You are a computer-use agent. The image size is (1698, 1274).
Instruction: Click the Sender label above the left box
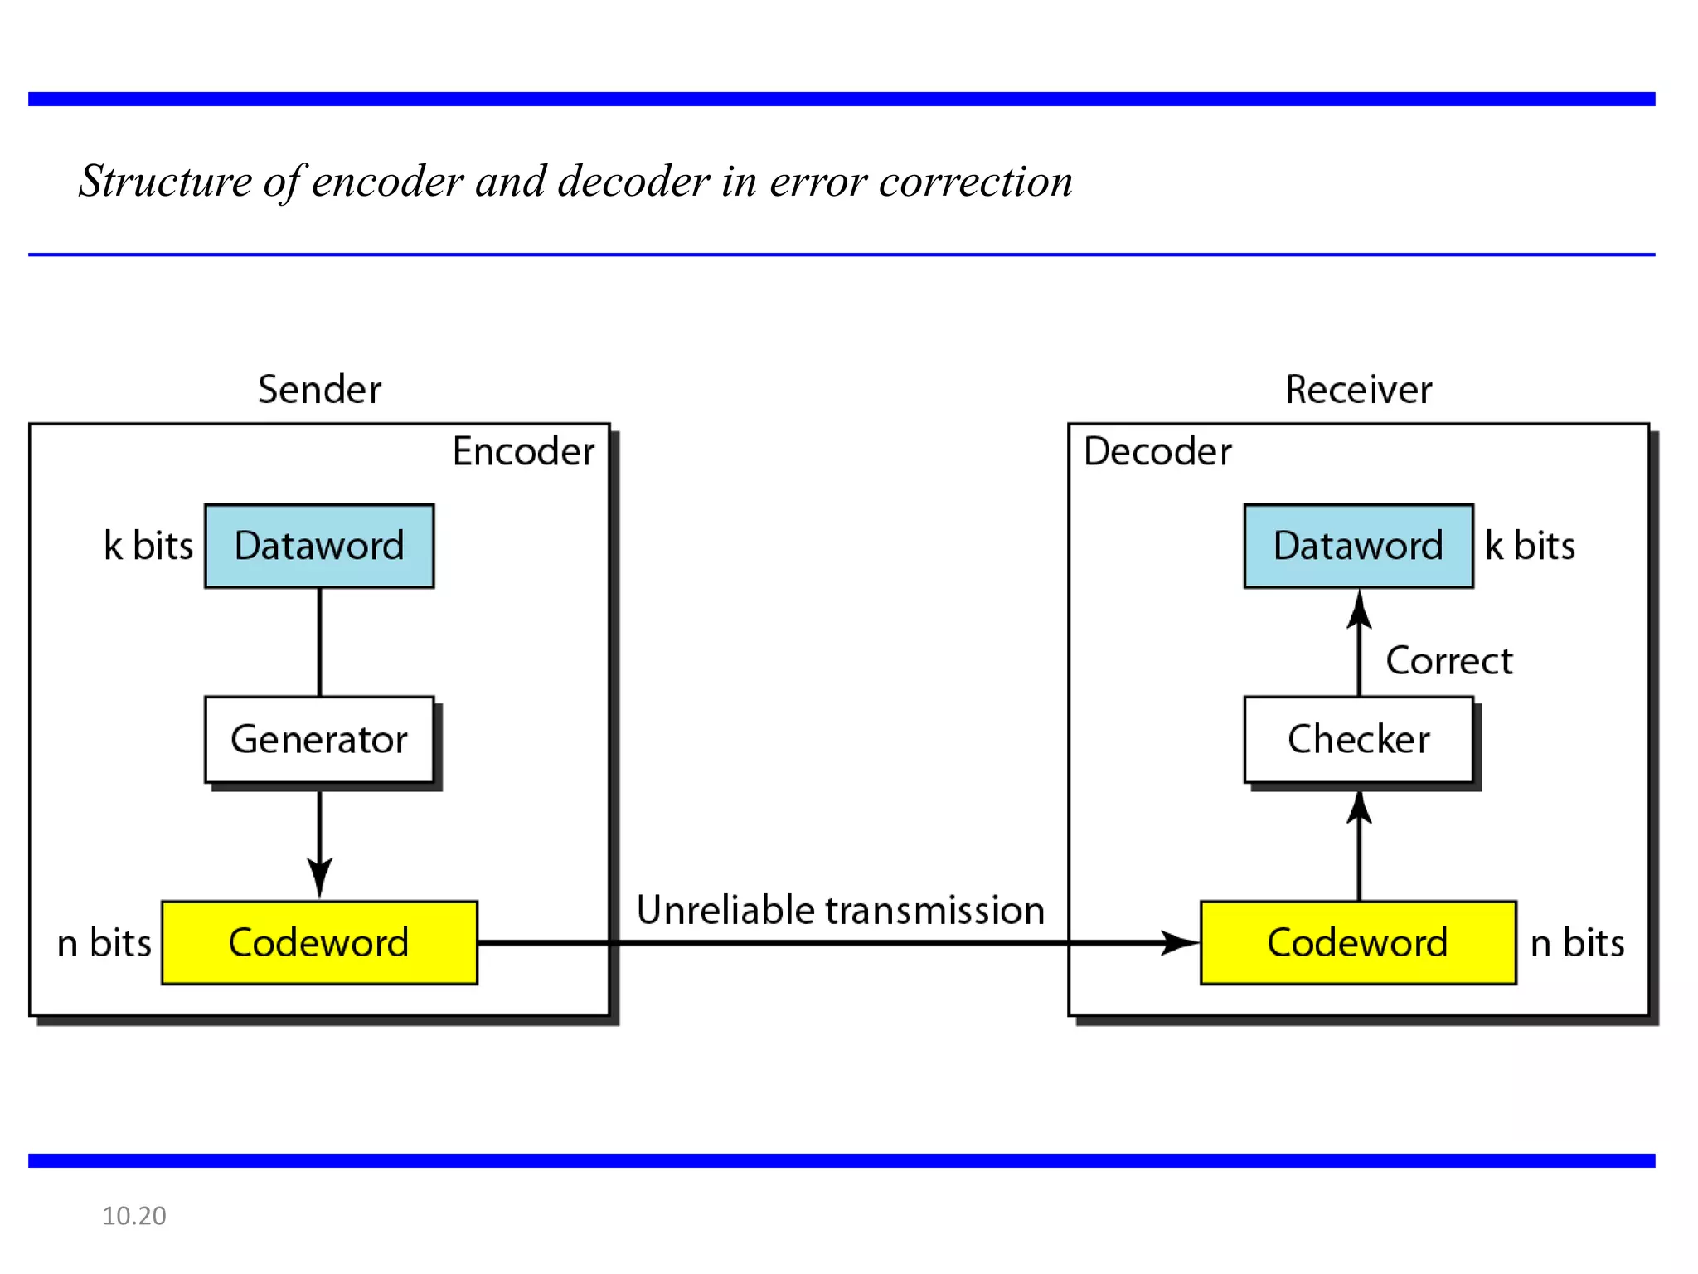[319, 390]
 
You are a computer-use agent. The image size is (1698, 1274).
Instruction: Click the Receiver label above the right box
[1358, 390]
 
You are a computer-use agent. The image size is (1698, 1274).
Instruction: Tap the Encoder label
[523, 452]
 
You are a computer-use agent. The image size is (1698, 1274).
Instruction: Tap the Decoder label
[1157, 452]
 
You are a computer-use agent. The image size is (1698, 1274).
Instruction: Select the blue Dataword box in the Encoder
[319, 546]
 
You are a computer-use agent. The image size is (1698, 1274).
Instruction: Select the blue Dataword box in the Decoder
[1358, 546]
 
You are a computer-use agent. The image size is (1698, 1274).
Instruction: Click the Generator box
[319, 739]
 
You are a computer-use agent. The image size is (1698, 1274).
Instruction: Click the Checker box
[1358, 739]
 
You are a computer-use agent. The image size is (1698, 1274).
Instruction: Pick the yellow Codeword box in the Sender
[319, 943]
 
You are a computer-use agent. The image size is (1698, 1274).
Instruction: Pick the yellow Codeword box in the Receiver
[1358, 943]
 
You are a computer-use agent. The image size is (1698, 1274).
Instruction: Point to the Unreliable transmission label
[840, 911]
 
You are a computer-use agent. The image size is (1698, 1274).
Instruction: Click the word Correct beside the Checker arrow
[1449, 661]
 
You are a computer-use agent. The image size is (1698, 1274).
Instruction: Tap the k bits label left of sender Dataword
[148, 546]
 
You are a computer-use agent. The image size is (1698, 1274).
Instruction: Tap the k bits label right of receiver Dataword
[1530, 546]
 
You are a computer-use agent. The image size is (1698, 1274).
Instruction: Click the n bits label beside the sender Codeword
[104, 943]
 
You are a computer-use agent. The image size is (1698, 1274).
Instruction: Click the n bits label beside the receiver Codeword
[1577, 943]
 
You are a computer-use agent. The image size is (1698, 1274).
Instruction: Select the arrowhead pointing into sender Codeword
[319, 879]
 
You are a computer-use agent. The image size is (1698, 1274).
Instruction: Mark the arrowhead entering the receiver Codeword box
[1181, 942]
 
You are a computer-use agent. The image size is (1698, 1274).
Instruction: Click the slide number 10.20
[134, 1216]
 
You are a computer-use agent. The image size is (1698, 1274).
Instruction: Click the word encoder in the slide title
[387, 181]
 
